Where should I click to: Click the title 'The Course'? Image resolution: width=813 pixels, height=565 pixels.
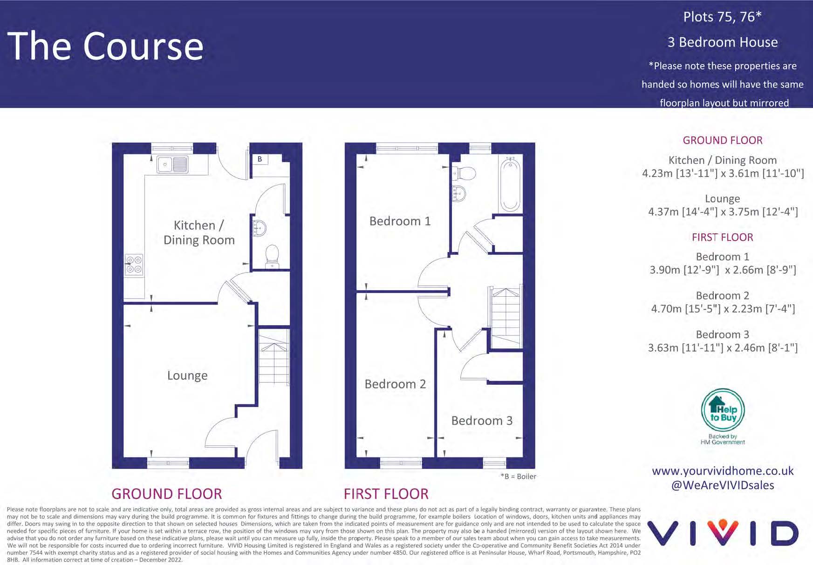coord(105,46)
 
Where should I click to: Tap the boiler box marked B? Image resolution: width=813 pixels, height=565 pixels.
coord(260,159)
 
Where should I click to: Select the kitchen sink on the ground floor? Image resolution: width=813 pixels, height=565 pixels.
coord(173,164)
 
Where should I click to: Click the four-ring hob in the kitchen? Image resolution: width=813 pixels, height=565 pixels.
coord(134,265)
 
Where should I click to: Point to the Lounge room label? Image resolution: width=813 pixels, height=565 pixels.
coord(187,375)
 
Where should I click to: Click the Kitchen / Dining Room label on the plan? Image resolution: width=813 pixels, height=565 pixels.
coord(199,232)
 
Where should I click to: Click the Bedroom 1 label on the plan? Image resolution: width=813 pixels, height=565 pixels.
coord(400,221)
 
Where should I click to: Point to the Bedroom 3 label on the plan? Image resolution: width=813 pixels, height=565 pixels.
coord(482,421)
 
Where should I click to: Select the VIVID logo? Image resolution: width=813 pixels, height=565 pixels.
coord(723,533)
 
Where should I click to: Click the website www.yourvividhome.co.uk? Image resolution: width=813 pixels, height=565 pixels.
coord(723,471)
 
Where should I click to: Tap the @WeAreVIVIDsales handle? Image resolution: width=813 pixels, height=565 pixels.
coord(723,485)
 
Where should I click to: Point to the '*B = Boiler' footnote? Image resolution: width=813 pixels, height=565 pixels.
coord(518,477)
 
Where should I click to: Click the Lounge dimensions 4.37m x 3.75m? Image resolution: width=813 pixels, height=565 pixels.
coord(723,212)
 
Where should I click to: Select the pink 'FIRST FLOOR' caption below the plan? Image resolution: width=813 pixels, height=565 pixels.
coord(386,494)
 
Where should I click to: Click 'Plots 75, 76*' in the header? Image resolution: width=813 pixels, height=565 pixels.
coord(722,17)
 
